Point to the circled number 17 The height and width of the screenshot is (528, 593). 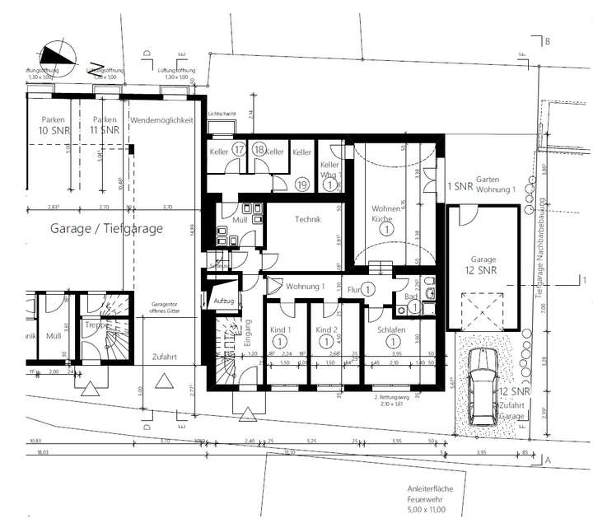coord(239,150)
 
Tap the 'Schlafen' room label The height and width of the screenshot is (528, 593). coord(390,329)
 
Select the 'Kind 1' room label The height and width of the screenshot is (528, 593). coord(280,329)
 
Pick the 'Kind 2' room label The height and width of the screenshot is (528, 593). coord(327,329)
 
